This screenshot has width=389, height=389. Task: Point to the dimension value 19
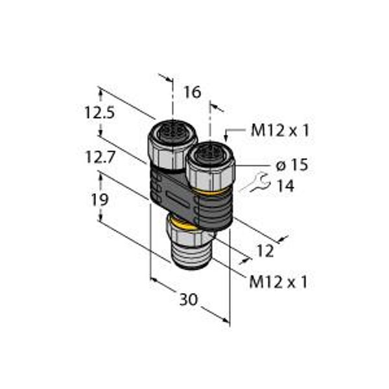99,200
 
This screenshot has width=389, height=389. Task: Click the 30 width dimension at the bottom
189,300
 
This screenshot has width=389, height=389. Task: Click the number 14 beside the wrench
285,187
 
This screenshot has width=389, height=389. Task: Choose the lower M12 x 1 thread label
278,282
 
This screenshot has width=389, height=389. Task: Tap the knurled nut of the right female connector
209,174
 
